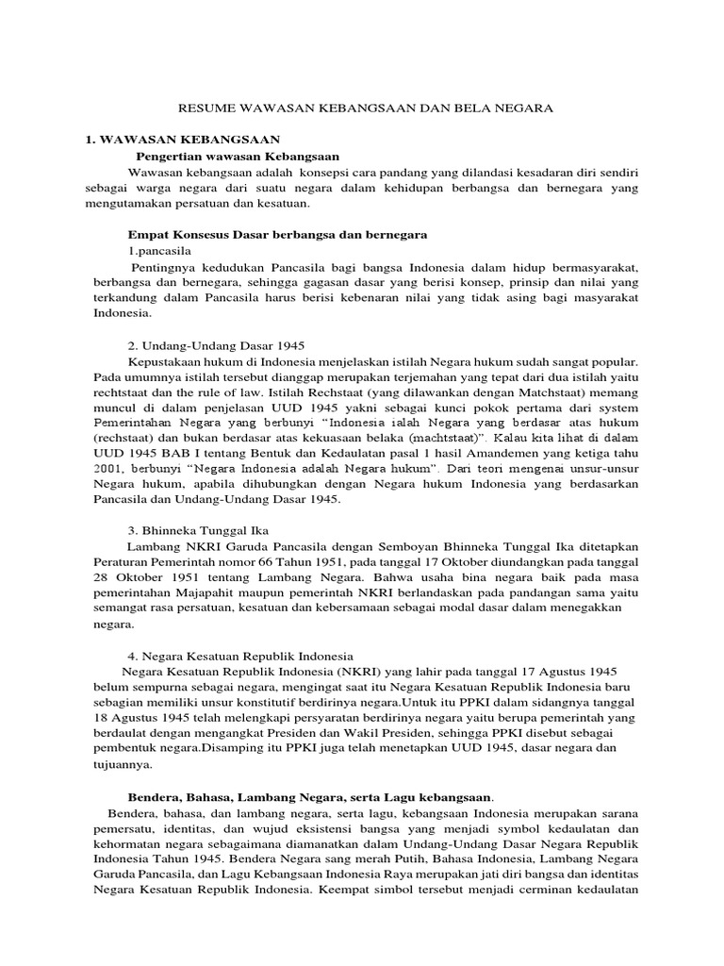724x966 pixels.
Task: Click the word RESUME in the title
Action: [x=205, y=108]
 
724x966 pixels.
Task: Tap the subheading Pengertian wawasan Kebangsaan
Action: [x=238, y=156]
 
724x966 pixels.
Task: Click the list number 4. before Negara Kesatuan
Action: [x=132, y=655]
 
